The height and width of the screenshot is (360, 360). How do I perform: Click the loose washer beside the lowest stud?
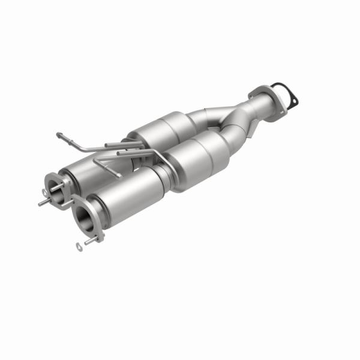click(x=79, y=246)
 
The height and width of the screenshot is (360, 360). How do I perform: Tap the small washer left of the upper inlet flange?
click(x=44, y=191)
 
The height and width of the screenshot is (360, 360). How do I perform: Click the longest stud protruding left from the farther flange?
click(x=44, y=203)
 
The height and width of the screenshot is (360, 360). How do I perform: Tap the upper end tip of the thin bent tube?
click(x=58, y=134)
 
